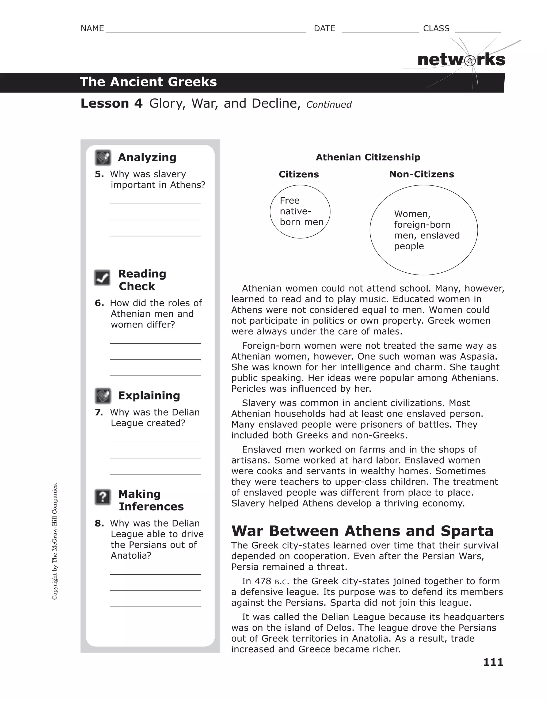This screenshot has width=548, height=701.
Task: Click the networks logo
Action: click(x=461, y=60)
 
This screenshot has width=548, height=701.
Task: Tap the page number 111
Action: click(x=493, y=662)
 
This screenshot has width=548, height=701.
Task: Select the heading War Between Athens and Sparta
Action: click(x=362, y=531)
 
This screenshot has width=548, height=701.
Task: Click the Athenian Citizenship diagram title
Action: click(x=368, y=157)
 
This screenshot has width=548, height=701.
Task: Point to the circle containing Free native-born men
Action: click(x=300, y=212)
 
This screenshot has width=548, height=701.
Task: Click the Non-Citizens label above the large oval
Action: click(x=421, y=174)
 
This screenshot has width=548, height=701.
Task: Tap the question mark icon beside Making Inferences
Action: click(x=103, y=497)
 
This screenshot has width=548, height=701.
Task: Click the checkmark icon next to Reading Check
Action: click(x=102, y=278)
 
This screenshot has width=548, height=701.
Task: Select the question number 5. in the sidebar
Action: click(x=99, y=174)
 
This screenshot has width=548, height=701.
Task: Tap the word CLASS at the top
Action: click(x=436, y=29)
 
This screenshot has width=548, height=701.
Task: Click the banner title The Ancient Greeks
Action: click(x=148, y=82)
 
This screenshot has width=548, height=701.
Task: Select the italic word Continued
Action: click(x=329, y=105)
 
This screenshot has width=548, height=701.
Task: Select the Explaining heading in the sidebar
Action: click(x=149, y=395)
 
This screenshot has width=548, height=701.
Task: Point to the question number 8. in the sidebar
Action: click(x=99, y=524)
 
